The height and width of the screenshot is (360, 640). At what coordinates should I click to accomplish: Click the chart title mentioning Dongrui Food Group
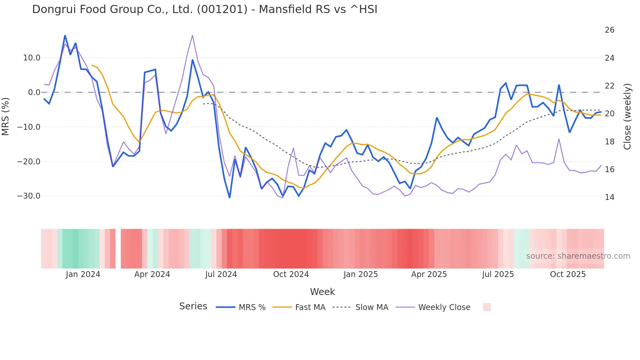click(x=204, y=9)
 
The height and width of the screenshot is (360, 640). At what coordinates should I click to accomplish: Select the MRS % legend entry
click(x=252, y=307)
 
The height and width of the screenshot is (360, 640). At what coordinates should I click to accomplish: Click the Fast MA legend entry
click(x=310, y=307)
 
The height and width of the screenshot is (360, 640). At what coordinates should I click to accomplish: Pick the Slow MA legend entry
click(x=372, y=307)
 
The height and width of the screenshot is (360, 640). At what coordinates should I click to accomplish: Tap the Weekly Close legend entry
click(x=444, y=307)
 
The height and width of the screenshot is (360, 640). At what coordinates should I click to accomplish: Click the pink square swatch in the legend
click(x=487, y=307)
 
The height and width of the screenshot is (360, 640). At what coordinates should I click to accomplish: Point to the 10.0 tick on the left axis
click(x=32, y=58)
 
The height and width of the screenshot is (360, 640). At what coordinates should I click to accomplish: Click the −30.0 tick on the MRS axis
click(x=29, y=196)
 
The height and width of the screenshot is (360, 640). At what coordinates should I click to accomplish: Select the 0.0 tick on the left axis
click(x=34, y=92)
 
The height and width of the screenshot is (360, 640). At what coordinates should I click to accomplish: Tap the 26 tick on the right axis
click(x=609, y=30)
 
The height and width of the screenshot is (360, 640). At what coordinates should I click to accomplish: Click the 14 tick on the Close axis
click(x=609, y=197)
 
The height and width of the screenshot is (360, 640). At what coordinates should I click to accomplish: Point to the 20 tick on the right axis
click(x=609, y=114)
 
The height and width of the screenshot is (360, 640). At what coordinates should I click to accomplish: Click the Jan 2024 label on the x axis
click(x=83, y=274)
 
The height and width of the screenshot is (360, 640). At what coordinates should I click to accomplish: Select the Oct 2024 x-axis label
click(x=291, y=274)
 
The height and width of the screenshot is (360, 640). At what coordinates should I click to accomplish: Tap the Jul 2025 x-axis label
click(x=498, y=274)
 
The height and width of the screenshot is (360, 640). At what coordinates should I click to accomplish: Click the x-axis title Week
click(x=322, y=292)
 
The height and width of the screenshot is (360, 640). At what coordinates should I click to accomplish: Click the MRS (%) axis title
click(x=6, y=116)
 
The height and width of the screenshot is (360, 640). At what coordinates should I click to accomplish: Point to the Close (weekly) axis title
click(x=627, y=116)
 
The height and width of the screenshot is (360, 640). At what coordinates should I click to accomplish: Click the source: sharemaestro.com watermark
click(x=578, y=256)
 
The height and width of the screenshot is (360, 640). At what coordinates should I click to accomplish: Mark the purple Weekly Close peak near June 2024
click(x=192, y=35)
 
